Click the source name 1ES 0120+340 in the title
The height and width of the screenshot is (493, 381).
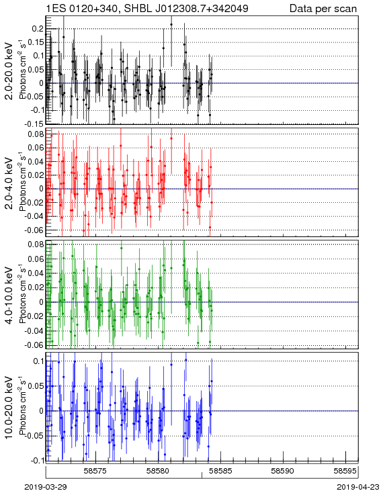click(83, 8)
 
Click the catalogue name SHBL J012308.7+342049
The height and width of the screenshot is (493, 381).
click(186, 8)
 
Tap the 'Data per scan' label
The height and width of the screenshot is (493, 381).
click(323, 9)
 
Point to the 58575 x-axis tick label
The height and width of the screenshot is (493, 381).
click(95, 471)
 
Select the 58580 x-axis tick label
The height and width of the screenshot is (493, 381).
click(158, 471)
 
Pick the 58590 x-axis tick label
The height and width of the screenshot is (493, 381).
click(283, 471)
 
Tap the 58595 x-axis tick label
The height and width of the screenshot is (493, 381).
click(345, 471)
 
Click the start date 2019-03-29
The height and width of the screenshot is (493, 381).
click(45, 487)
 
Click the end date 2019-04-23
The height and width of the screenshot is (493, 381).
click(358, 487)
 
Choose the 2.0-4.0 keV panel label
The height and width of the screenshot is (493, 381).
click(9, 183)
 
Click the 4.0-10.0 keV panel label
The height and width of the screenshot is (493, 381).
click(9, 296)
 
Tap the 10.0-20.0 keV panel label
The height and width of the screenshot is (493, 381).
click(9, 408)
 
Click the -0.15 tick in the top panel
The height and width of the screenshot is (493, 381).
click(35, 124)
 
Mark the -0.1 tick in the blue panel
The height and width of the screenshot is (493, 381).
click(37, 460)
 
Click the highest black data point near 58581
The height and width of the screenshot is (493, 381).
click(171, 24)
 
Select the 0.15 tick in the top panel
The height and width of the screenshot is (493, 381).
click(36, 42)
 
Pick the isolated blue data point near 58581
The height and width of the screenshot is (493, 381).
click(171, 365)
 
